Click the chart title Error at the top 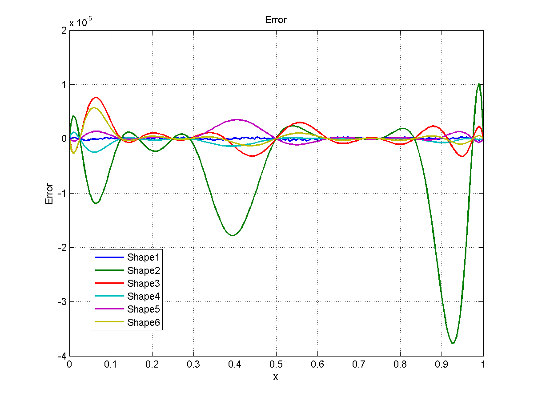point(276,20)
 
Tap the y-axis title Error point(49,194)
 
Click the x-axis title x point(276,376)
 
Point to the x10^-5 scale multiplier point(80,23)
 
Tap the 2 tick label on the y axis point(64,30)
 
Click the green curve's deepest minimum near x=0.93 point(453,343)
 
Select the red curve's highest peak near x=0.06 point(96,97)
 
